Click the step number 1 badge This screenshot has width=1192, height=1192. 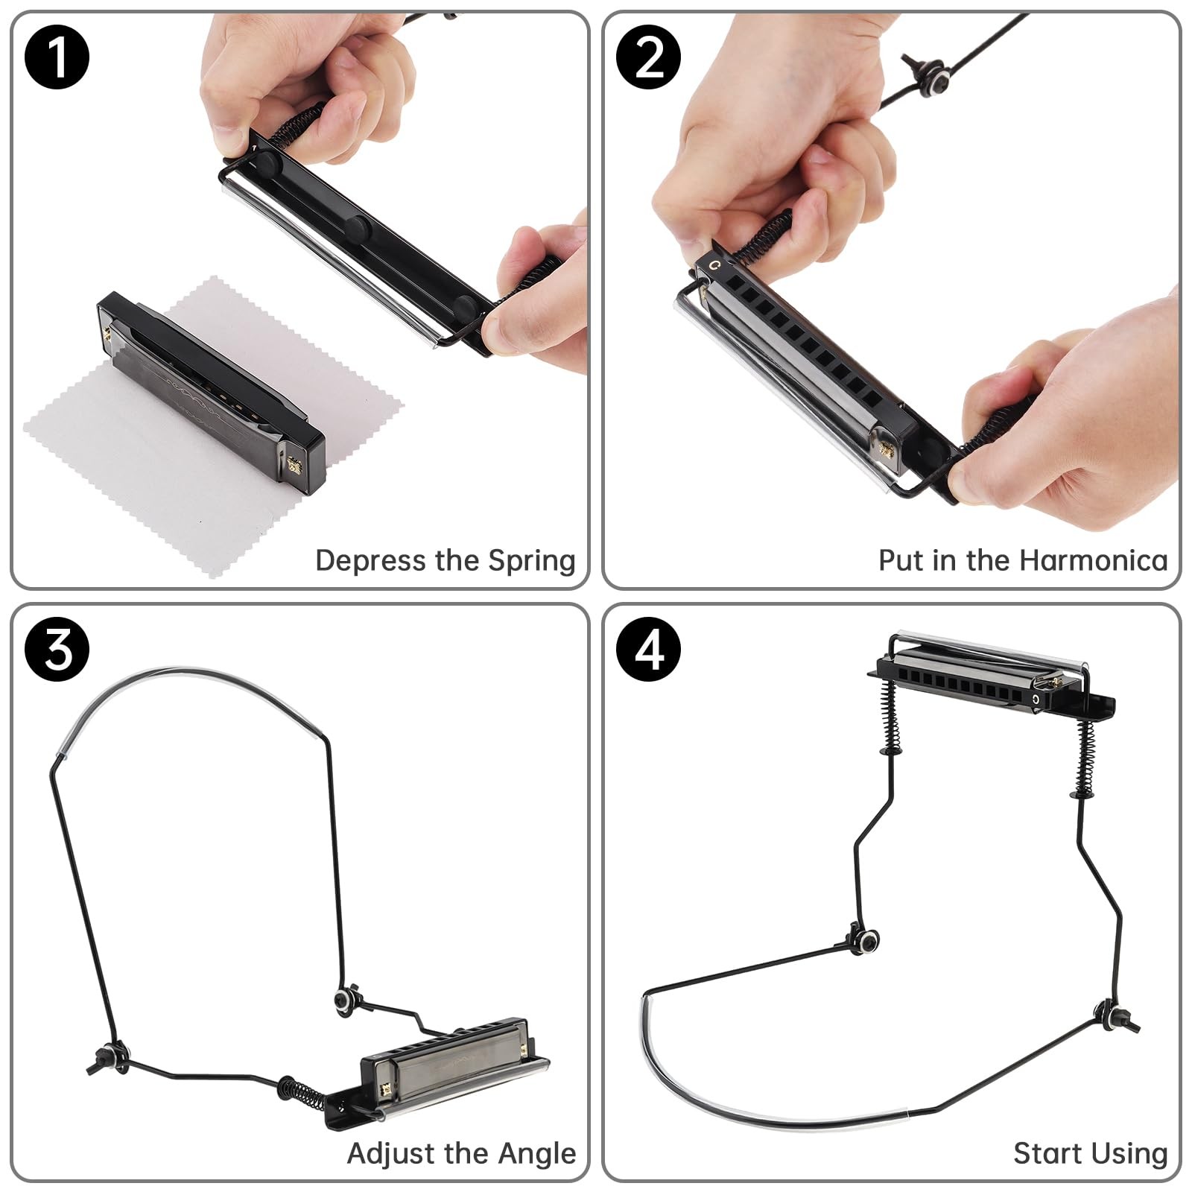[57, 57]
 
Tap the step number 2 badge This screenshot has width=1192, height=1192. [649, 57]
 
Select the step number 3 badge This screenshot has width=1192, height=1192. [57, 649]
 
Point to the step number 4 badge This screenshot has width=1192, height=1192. [649, 649]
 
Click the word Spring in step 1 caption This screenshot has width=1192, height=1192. [531, 561]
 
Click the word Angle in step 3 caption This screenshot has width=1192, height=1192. [536, 1154]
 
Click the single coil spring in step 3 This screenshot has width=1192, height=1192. [302, 1092]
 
